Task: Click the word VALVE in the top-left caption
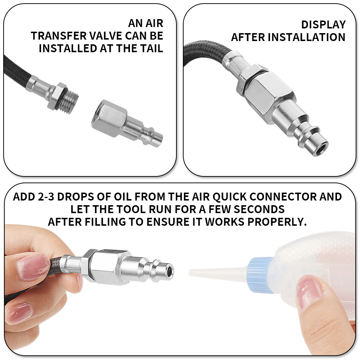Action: (105, 36)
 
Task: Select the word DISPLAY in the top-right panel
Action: (323, 25)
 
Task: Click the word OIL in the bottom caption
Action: (123, 197)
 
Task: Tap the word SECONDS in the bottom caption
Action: (259, 210)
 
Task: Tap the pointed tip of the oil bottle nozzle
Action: (190, 272)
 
